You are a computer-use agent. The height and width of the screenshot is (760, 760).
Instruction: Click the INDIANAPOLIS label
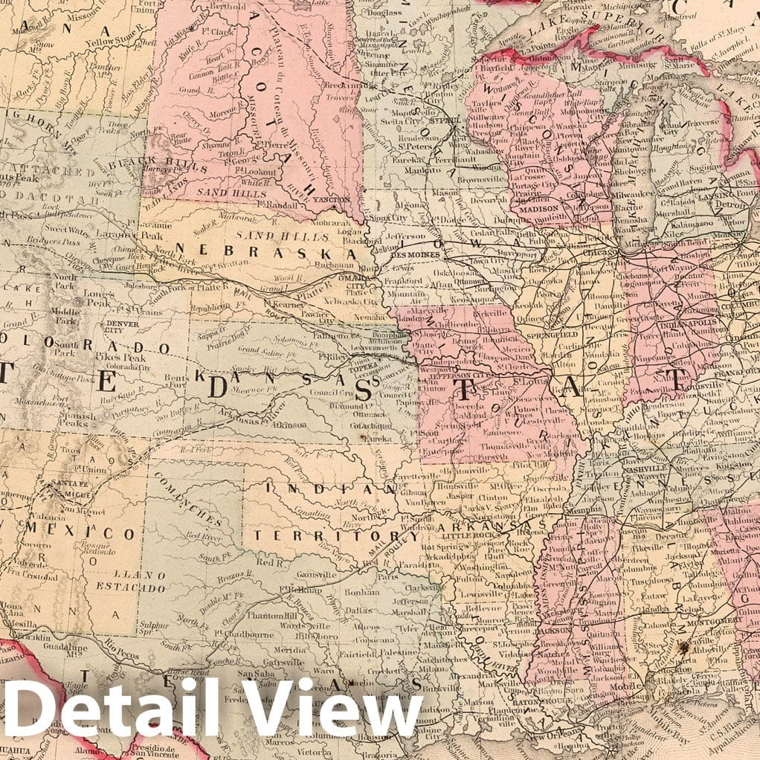(687, 324)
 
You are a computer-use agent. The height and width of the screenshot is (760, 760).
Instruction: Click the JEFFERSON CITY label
(445, 376)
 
